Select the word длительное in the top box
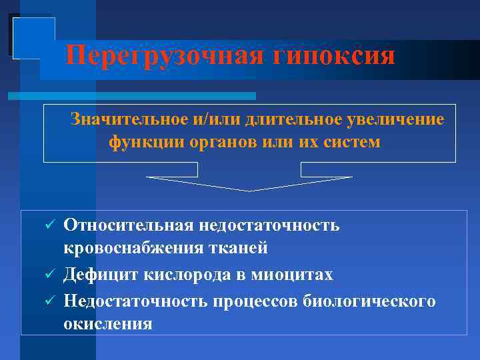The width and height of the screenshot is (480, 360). [x=291, y=120]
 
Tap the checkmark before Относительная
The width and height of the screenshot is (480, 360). [x=47, y=226]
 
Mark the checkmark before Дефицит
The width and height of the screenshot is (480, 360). [x=47, y=275]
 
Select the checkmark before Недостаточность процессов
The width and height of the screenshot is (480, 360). [x=47, y=301]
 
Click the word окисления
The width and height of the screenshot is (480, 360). [x=107, y=324]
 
